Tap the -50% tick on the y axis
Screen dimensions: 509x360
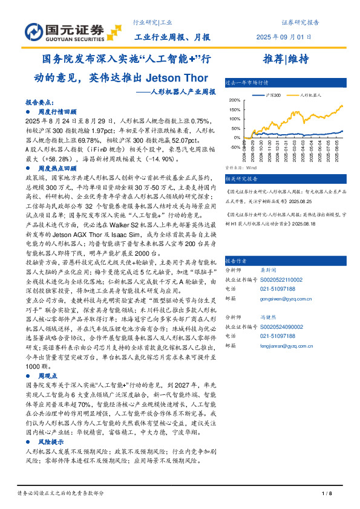(x=235, y=146)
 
